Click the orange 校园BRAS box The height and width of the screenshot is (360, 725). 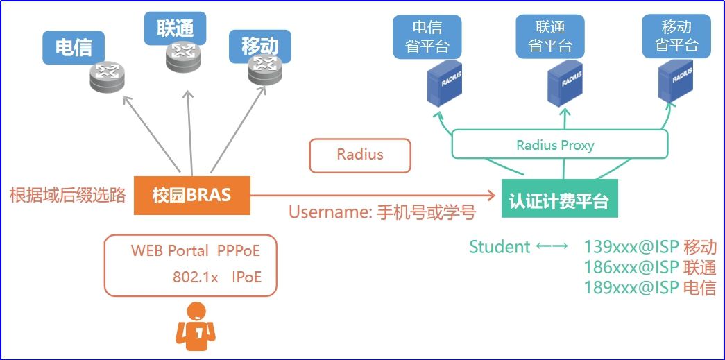(x=191, y=195)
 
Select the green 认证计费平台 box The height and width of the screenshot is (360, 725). (x=559, y=201)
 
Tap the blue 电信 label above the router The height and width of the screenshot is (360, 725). (x=74, y=48)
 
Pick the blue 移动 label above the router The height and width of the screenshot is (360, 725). (x=259, y=46)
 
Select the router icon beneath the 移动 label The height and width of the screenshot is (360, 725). (x=264, y=69)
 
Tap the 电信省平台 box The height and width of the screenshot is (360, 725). (x=427, y=36)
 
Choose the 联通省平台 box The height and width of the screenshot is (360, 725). (x=550, y=36)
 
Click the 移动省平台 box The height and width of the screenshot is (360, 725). (x=676, y=36)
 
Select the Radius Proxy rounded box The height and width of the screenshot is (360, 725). (x=560, y=145)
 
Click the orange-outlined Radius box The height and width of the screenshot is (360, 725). (x=360, y=155)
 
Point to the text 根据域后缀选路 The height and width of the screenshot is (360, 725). (x=68, y=196)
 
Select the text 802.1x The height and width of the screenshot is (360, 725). (x=196, y=277)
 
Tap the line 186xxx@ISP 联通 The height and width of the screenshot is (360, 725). (x=649, y=267)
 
